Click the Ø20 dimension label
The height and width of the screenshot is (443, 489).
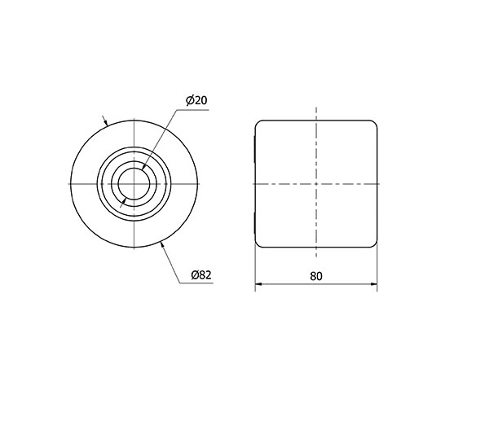[x=196, y=100]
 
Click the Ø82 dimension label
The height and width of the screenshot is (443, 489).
[x=201, y=274]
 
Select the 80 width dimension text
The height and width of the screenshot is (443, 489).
[x=316, y=276]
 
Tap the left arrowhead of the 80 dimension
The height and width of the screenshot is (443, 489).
[x=259, y=284]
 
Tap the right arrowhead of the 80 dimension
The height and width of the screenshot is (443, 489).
[x=373, y=284]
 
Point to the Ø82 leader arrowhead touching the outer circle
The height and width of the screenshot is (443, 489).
[x=162, y=246]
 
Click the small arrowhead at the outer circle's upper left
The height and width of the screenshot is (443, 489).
[x=106, y=122]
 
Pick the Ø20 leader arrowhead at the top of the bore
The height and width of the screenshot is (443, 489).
[x=143, y=167]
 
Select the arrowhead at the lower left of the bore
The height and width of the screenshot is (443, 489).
[x=124, y=200]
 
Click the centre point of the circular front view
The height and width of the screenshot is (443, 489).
[x=134, y=184]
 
